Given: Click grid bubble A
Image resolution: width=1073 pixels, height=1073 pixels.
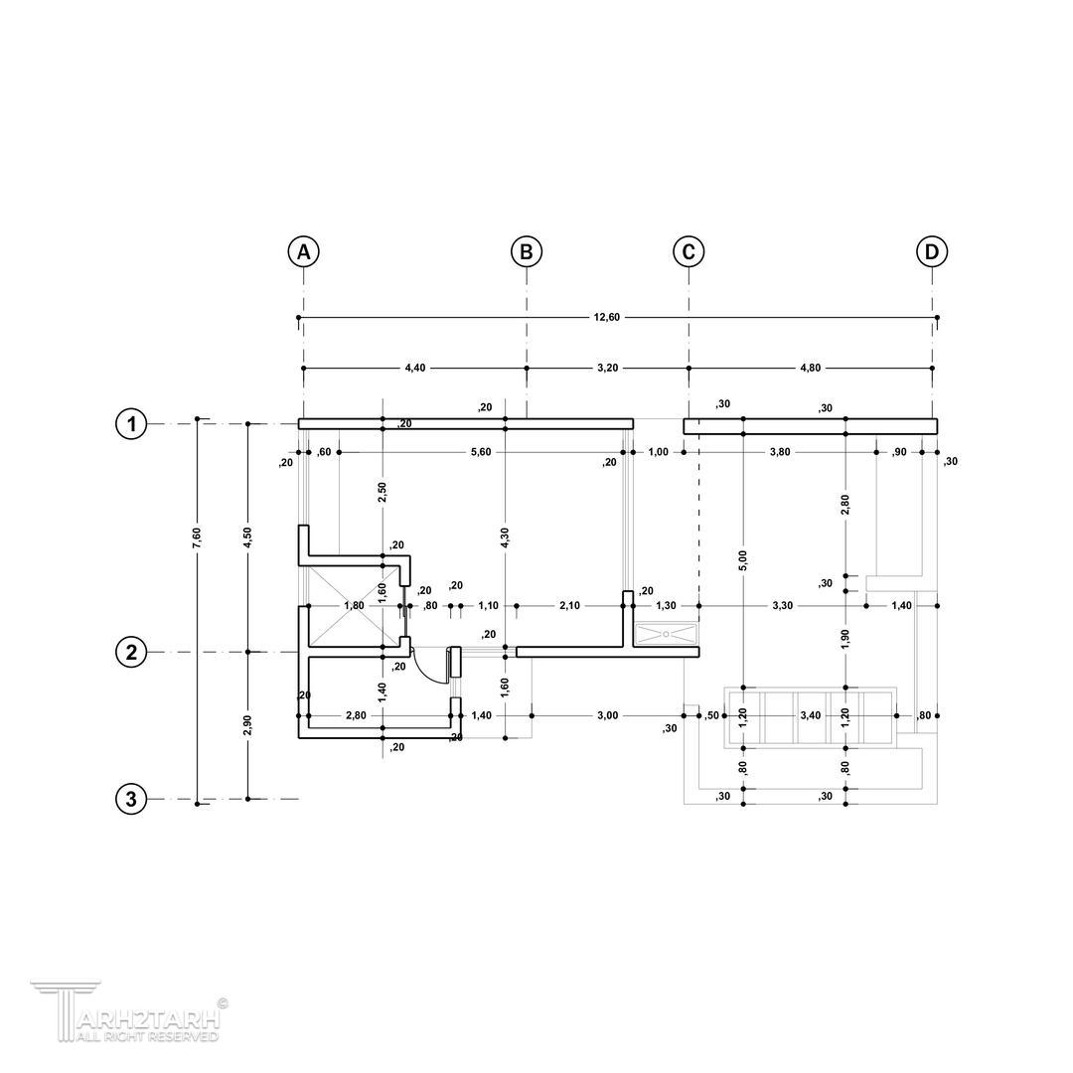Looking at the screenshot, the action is (x=303, y=251).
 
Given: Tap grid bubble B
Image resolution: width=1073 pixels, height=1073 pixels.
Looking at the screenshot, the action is (x=527, y=251).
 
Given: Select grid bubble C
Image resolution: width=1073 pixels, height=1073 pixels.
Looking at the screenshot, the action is (x=689, y=251).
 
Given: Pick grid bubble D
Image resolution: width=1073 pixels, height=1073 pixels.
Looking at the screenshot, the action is (x=932, y=251).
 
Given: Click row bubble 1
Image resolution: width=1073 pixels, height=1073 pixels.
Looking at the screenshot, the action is (x=131, y=424).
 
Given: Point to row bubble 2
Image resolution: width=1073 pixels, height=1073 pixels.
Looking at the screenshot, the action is (x=131, y=652).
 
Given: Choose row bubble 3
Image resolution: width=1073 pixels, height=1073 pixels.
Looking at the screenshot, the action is (x=131, y=799).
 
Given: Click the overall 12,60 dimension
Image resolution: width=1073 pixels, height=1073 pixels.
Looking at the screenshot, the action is (x=607, y=318).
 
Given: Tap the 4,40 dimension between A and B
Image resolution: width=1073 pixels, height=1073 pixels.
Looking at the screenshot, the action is (x=414, y=369).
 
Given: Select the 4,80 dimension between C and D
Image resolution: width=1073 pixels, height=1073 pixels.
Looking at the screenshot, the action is (x=811, y=369).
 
